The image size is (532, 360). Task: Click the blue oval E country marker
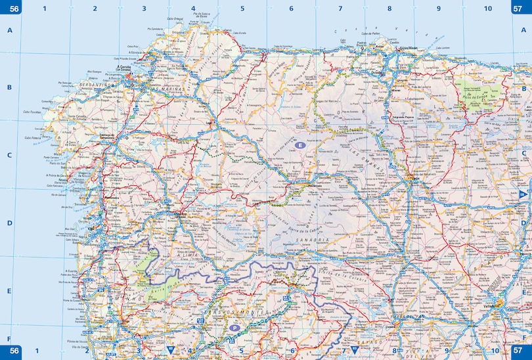pos(299,145)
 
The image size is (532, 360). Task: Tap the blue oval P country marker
pos(235,327)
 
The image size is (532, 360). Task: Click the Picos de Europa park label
pos(474,96)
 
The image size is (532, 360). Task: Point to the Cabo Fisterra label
pos(32,138)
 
